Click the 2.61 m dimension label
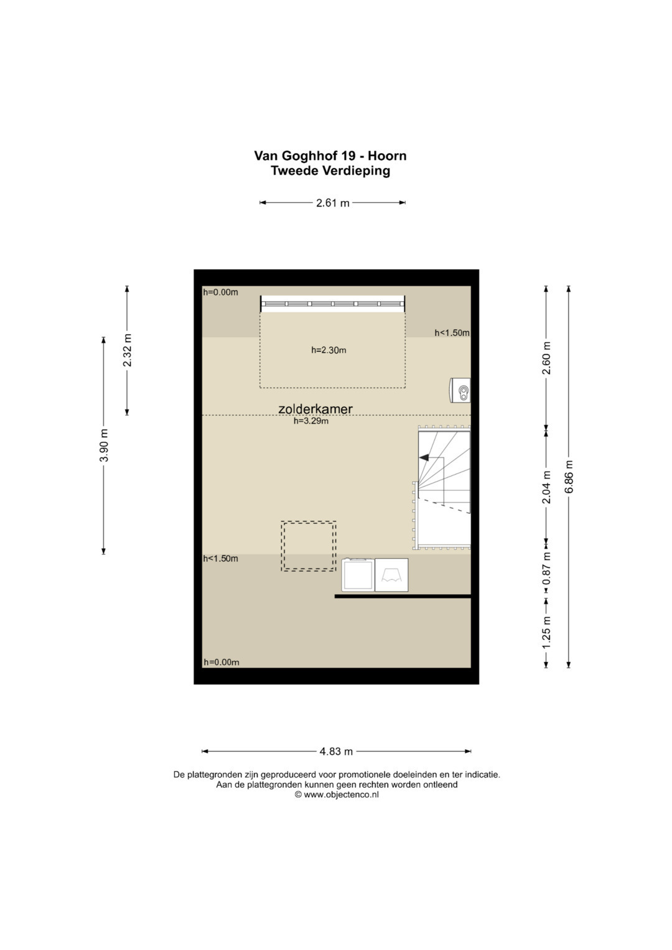coord(333,203)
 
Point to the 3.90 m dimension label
coord(104,445)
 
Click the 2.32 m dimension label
coord(128,350)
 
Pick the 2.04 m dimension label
coord(546,487)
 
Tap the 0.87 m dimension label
coord(546,568)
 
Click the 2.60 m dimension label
coord(546,358)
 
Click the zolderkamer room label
coord(315,409)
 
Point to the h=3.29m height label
coord(311,421)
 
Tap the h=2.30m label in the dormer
coord(329,350)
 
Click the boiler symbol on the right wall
coord(460,389)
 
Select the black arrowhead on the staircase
coord(424,458)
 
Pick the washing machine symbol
coord(358,575)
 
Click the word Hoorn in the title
coord(387,156)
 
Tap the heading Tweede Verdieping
coord(330,171)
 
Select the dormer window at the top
coord(333,304)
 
